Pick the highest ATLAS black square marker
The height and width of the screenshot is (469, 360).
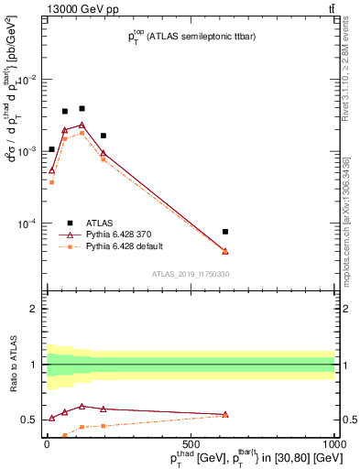(x=82, y=108)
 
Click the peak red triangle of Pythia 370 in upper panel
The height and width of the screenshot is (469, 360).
(x=82, y=125)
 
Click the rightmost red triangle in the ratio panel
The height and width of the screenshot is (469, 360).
(x=225, y=414)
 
